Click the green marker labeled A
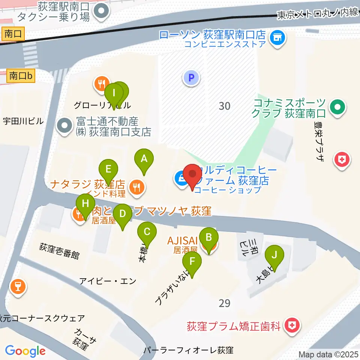pos(144,159)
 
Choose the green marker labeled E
pos(108,169)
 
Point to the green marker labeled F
pos(192,261)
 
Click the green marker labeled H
pos(85,205)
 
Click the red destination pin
pos(193,175)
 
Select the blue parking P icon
pos(191,78)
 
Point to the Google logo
pos(25,351)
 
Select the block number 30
pos(224,106)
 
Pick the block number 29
pos(224,303)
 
